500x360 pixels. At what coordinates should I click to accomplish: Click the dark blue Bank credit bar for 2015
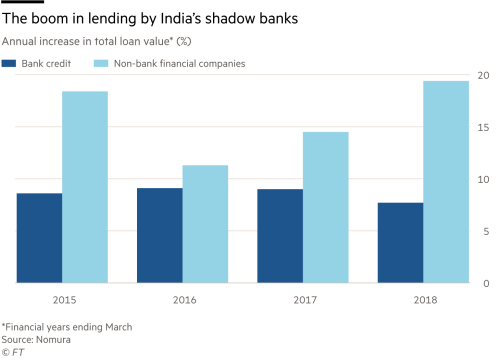click(38, 238)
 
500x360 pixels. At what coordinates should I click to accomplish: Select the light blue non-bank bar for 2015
click(85, 187)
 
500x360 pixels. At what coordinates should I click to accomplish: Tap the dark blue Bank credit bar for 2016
click(158, 235)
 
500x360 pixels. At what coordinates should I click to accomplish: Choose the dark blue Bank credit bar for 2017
click(279, 236)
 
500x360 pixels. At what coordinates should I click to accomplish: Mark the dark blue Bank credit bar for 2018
click(399, 242)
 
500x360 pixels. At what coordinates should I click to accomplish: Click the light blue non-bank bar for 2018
click(446, 181)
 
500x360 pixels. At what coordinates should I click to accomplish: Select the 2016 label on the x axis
click(182, 297)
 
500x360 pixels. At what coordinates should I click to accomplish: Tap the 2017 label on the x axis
click(302, 297)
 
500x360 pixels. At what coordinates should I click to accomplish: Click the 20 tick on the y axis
click(483, 76)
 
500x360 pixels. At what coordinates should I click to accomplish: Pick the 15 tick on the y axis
click(483, 128)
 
